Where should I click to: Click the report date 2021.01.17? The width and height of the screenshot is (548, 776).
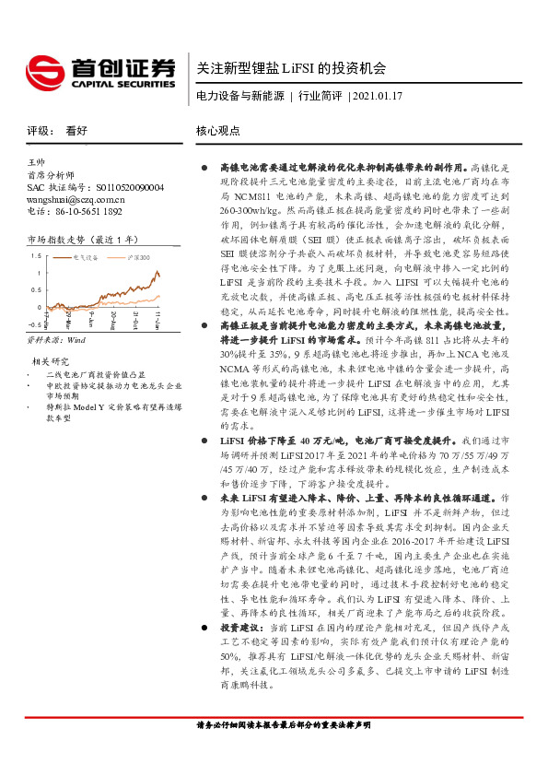click(378, 96)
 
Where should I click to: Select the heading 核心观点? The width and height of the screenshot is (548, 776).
click(217, 131)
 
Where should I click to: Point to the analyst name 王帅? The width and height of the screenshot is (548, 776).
click(38, 161)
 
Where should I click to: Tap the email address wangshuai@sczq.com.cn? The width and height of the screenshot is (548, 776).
click(76, 198)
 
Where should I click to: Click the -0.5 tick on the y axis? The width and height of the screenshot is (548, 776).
click(35, 324)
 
